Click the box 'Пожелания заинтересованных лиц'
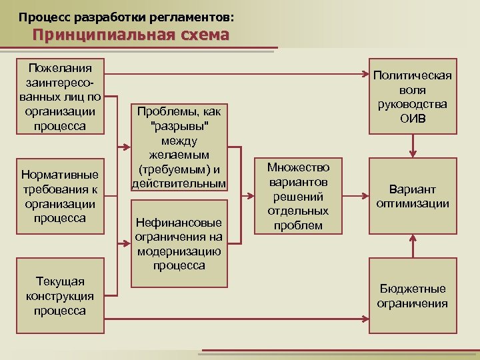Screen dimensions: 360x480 [x=60, y=97]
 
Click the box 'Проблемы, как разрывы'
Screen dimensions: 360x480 [x=179, y=147]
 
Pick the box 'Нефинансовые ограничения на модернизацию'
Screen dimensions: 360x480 [x=179, y=240]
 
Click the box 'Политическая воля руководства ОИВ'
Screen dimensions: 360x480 [x=413, y=97]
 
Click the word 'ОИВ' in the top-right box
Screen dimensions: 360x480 [x=413, y=119]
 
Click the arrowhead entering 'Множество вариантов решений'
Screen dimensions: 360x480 [x=251, y=196]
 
